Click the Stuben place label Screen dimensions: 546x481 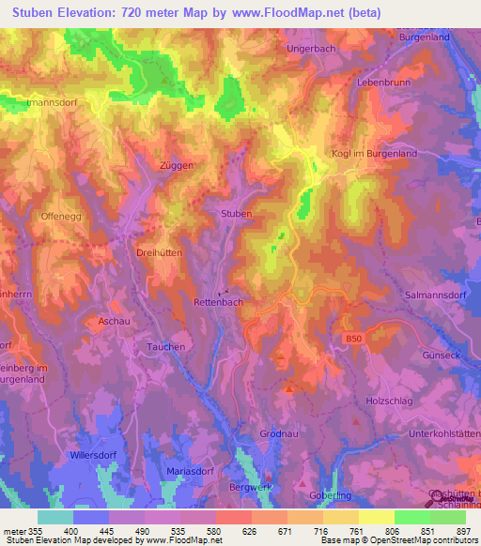[x=236, y=214]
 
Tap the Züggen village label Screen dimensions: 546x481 [x=177, y=164]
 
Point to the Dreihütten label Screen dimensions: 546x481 [x=132, y=253]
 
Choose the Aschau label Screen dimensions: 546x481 [x=114, y=321]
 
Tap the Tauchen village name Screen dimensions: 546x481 [x=165, y=346]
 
